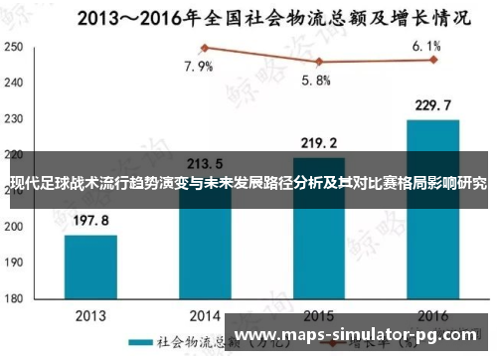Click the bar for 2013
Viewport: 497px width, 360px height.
(90, 267)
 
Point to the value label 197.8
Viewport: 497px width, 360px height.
(90, 221)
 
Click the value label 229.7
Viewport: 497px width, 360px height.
(432, 105)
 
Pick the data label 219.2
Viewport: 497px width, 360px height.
(318, 142)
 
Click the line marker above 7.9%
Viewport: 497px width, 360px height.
(205, 48)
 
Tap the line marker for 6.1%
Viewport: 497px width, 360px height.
(433, 60)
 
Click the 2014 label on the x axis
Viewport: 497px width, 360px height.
(205, 313)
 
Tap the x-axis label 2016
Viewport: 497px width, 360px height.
(432, 313)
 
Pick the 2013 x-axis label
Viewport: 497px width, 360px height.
(90, 313)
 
